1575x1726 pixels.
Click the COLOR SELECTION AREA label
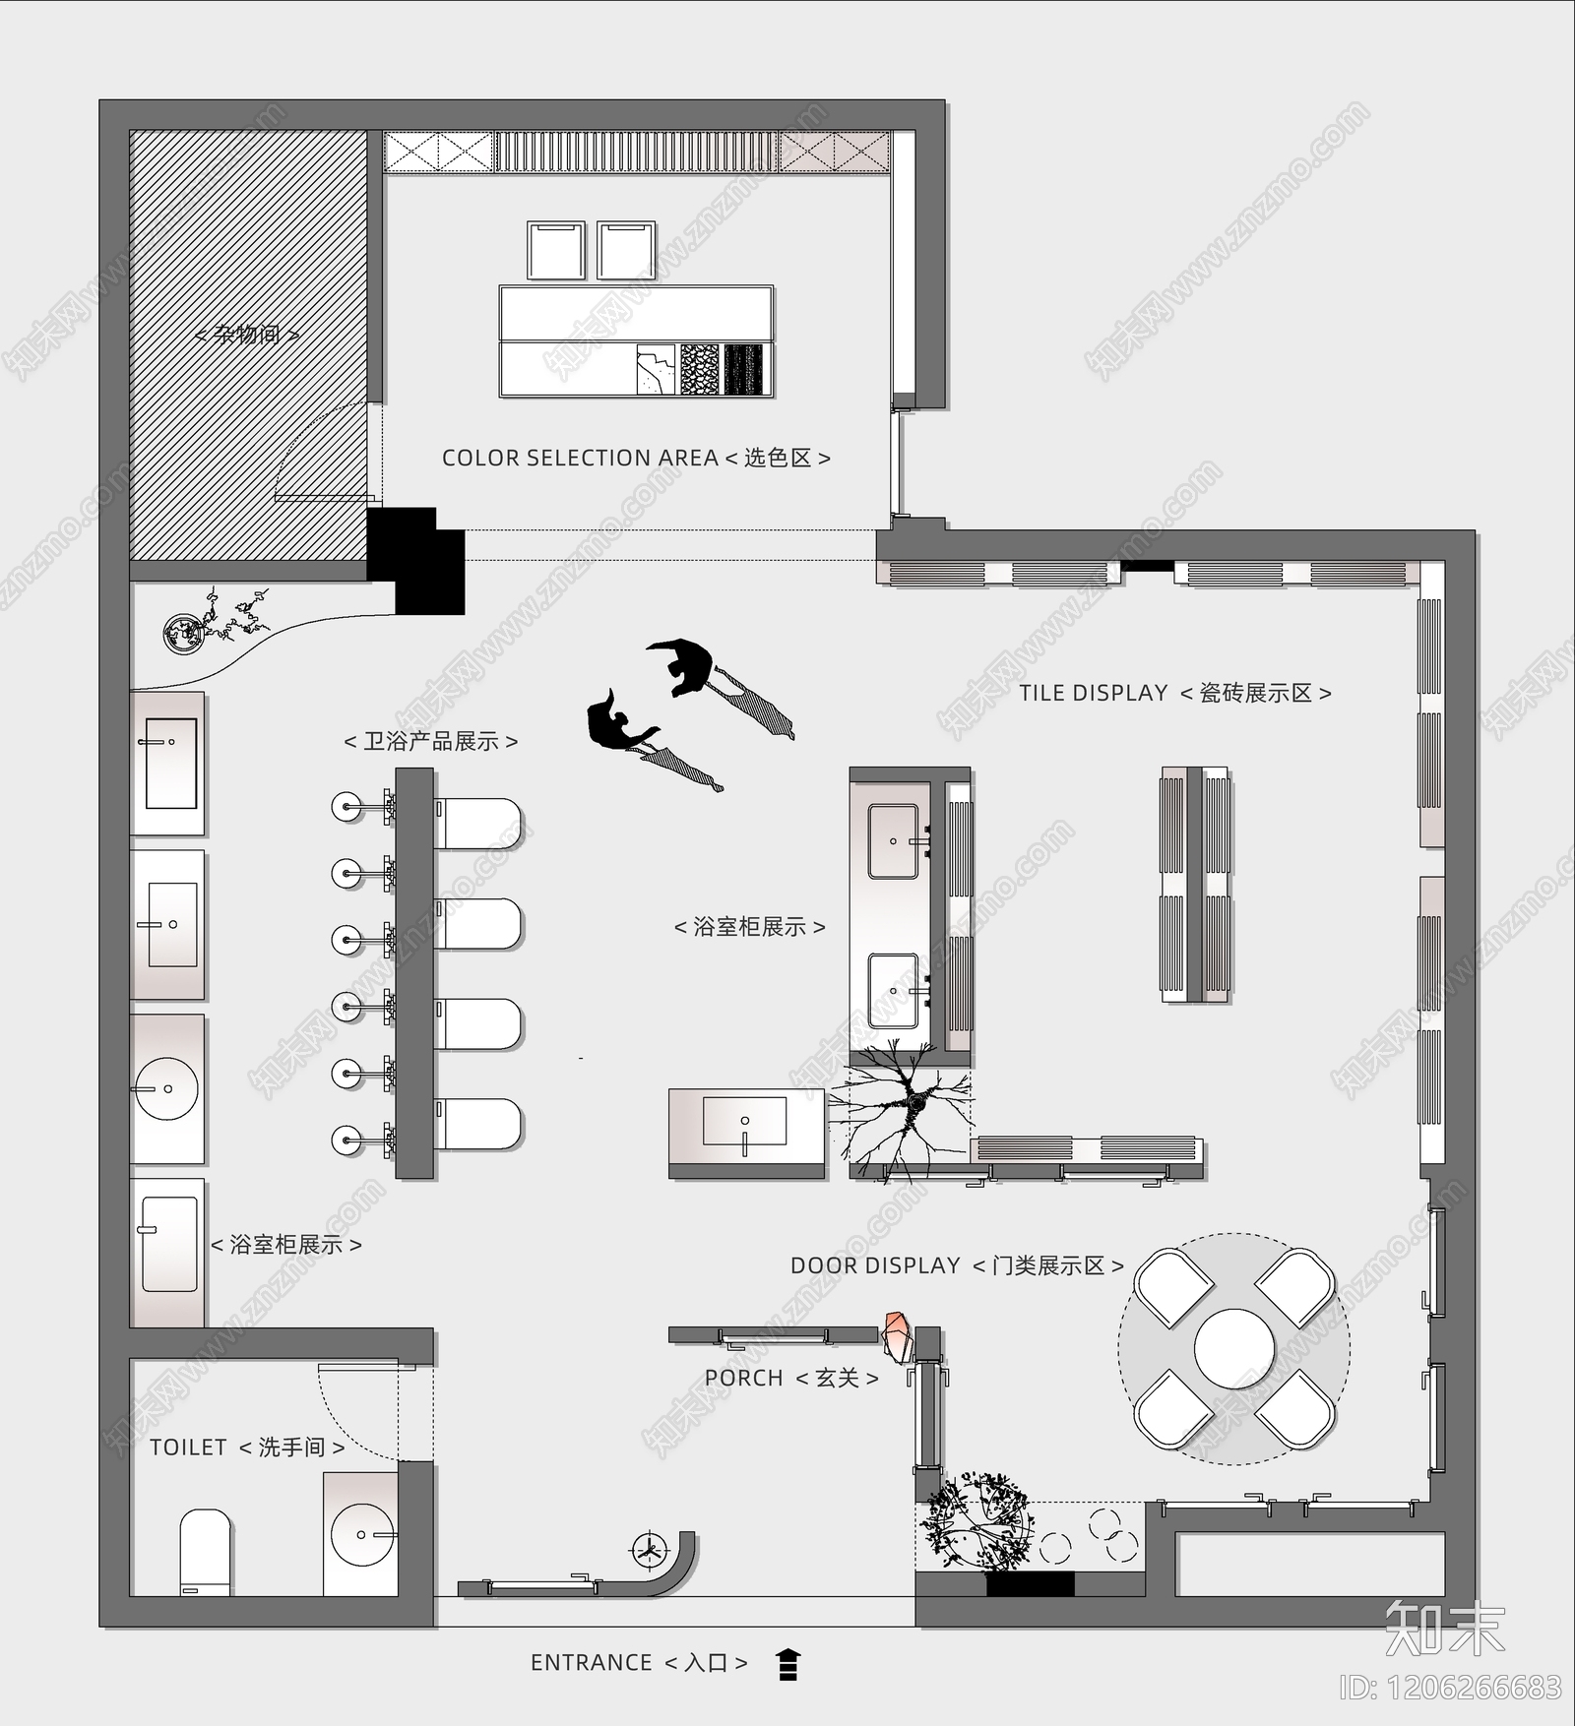580,458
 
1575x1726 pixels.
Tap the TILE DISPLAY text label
1093,693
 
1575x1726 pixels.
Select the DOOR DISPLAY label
875,1265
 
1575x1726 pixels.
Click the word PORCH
744,1378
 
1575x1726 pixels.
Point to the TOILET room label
189,1447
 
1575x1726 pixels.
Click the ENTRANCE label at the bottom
591,1662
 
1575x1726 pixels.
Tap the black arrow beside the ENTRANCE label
787,1664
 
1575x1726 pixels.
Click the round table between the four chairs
1234,1348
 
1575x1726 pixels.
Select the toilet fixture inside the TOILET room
205,1552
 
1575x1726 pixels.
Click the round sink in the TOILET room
362,1534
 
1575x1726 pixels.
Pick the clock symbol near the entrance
648,1550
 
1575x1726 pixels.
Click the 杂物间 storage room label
247,335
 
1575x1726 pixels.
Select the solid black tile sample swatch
743,369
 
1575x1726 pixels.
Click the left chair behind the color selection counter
556,251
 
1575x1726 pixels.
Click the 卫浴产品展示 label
431,741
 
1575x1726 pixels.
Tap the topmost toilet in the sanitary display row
477,824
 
